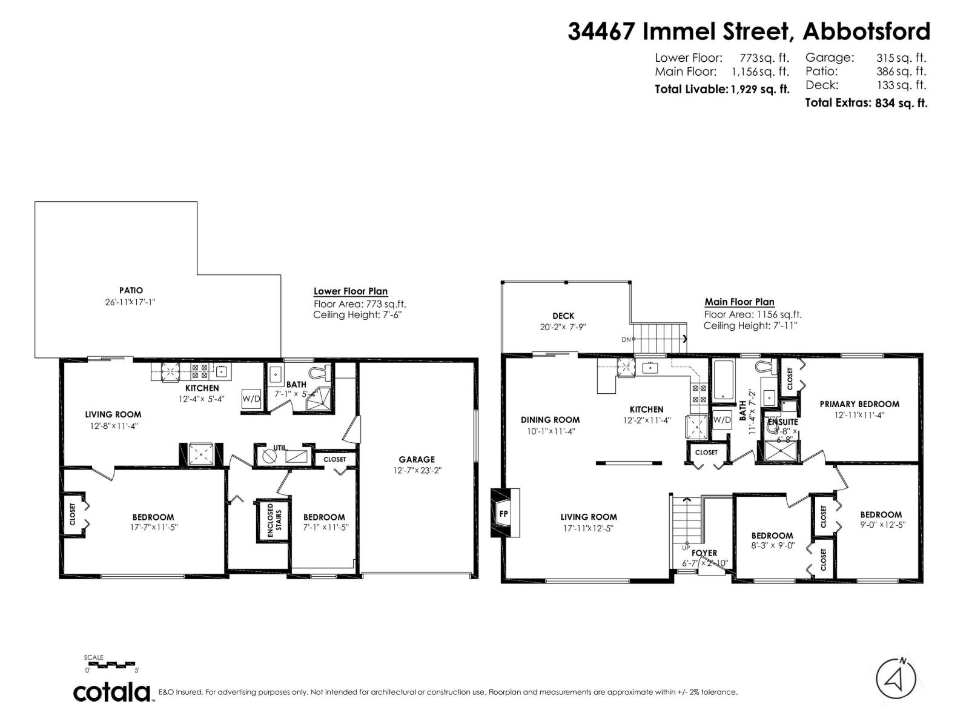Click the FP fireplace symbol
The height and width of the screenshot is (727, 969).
pos(504,514)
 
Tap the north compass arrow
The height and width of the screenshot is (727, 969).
pos(896,678)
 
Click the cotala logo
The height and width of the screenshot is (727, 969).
pos(113,692)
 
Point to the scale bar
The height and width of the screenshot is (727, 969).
pos(112,665)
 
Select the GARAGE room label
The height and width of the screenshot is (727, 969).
pos(417,459)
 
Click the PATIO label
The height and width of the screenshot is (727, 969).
pos(131,291)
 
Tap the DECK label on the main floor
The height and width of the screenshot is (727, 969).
pos(563,316)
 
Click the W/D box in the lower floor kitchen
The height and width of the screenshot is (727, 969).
pos(251,399)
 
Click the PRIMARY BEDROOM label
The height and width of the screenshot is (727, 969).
pos(859,404)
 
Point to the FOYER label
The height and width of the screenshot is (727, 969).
pos(704,553)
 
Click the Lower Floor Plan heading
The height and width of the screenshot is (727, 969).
pos(351,291)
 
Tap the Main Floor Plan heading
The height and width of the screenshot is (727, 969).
pos(739,302)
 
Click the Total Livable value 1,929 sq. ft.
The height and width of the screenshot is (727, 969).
pos(760,90)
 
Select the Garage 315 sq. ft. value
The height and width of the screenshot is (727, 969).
pos(901,58)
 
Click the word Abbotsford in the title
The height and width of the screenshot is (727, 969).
pos(866,31)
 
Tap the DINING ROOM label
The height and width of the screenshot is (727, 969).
pos(550,419)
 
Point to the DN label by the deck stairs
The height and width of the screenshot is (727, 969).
pos(626,339)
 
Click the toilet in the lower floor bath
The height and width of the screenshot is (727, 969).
pos(319,371)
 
